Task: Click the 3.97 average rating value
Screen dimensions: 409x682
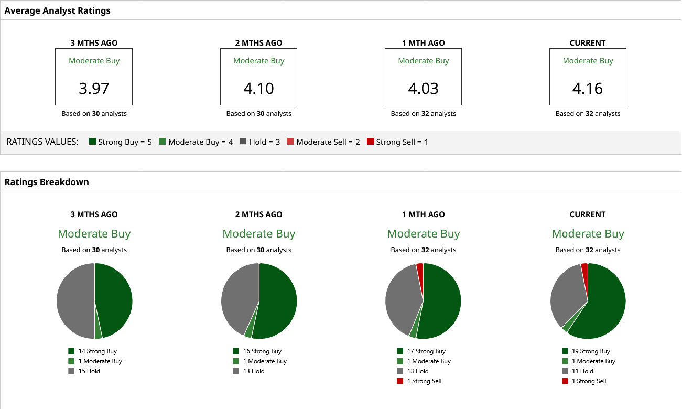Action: [94, 88]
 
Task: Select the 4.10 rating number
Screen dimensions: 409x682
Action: [258, 88]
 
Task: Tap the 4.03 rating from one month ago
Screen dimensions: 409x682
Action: [423, 88]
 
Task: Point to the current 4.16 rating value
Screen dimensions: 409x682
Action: [588, 88]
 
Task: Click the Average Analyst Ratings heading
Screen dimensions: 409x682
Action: [57, 10]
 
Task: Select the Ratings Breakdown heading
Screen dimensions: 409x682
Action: [47, 182]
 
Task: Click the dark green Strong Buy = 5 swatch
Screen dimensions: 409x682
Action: [93, 142]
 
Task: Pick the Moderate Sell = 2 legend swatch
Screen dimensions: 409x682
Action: [290, 142]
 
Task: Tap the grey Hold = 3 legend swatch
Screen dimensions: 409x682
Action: [243, 142]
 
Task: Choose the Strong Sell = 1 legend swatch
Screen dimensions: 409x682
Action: [370, 142]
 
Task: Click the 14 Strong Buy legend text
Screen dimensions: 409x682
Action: [98, 351]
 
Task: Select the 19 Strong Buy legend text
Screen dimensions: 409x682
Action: [591, 351]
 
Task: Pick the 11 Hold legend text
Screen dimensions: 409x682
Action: [582, 371]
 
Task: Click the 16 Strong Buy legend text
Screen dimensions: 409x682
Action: [262, 351]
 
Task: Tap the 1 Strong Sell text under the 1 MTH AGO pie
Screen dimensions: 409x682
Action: [424, 381]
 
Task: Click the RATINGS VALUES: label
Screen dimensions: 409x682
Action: [42, 142]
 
